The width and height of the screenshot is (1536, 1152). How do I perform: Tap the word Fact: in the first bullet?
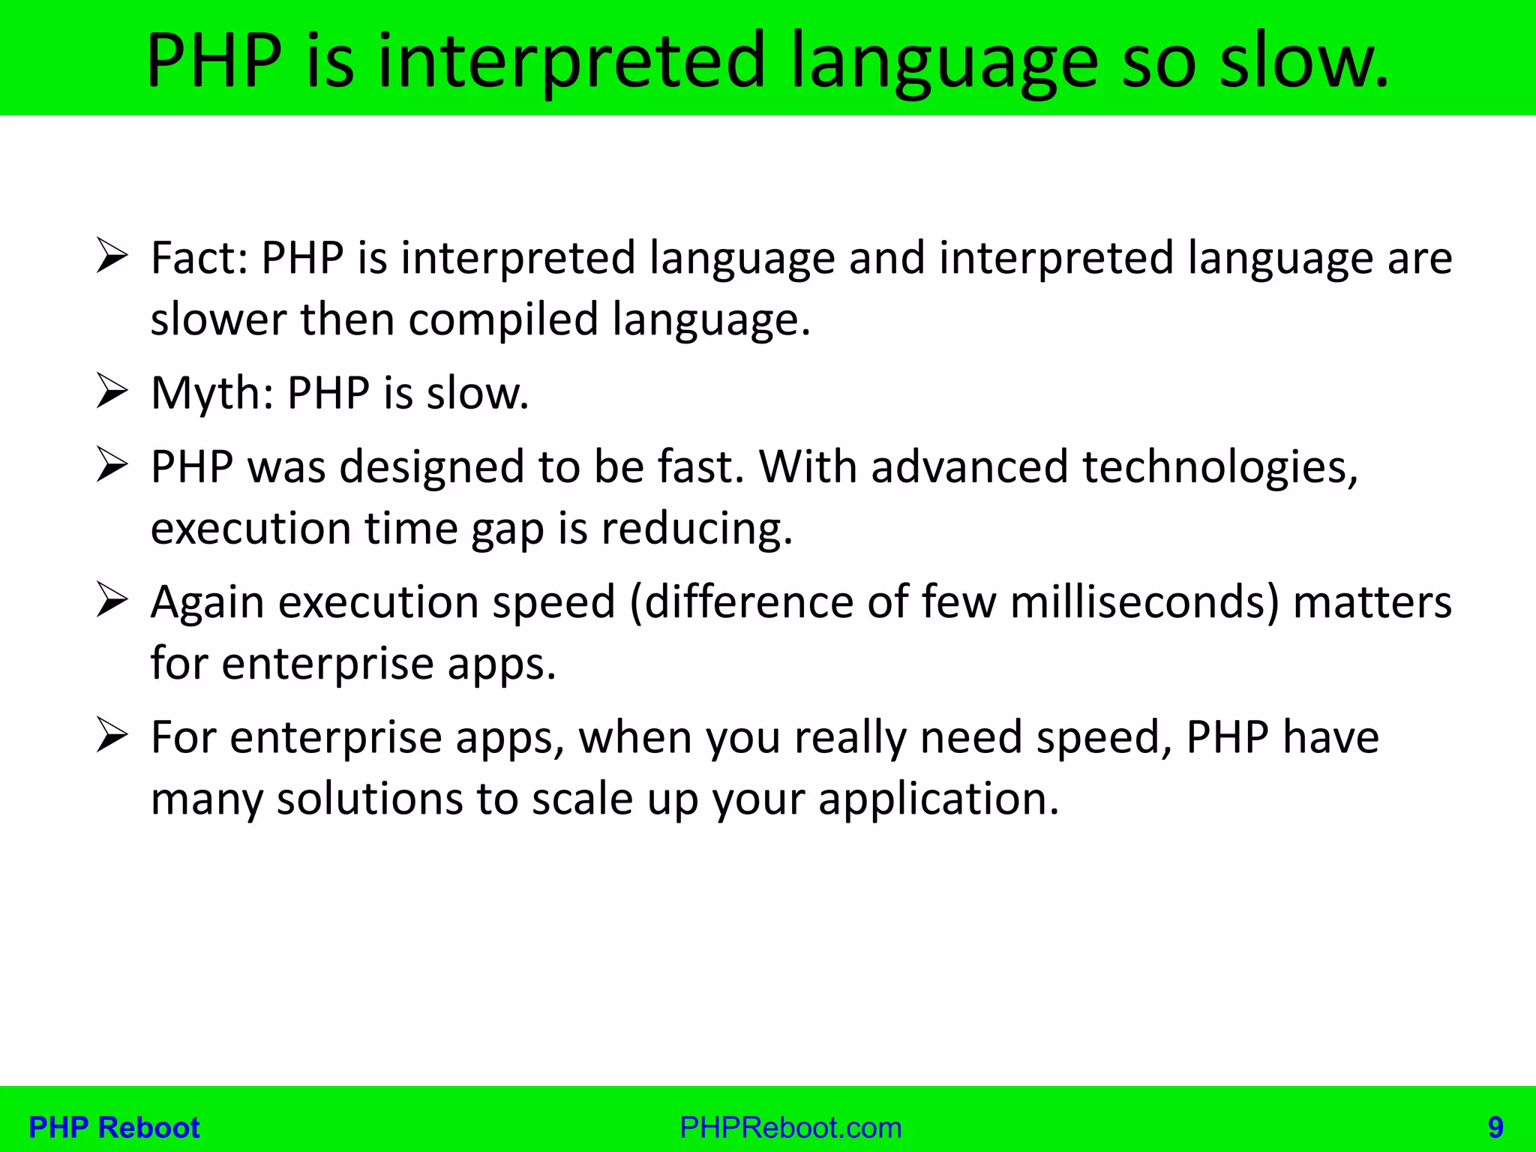[x=199, y=258]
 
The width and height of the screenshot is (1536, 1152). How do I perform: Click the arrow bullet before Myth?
[x=112, y=392]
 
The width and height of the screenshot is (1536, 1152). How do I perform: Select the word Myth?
[x=211, y=393]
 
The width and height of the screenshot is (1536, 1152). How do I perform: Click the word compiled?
[x=502, y=319]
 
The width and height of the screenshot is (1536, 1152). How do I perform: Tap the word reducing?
[x=697, y=529]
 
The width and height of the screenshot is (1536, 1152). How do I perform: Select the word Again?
[x=208, y=603]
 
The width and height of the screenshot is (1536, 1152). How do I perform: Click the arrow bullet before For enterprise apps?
[x=112, y=736]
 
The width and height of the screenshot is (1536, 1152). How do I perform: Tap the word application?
[x=938, y=799]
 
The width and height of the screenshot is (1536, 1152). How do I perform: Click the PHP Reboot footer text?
[x=114, y=1127]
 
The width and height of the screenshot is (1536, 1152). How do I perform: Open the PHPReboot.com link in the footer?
[x=790, y=1127]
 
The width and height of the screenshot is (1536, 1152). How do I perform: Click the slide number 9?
[x=1495, y=1127]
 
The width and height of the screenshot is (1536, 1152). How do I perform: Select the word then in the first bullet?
[x=347, y=319]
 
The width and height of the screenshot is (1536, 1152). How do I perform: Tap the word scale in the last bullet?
[x=582, y=799]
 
